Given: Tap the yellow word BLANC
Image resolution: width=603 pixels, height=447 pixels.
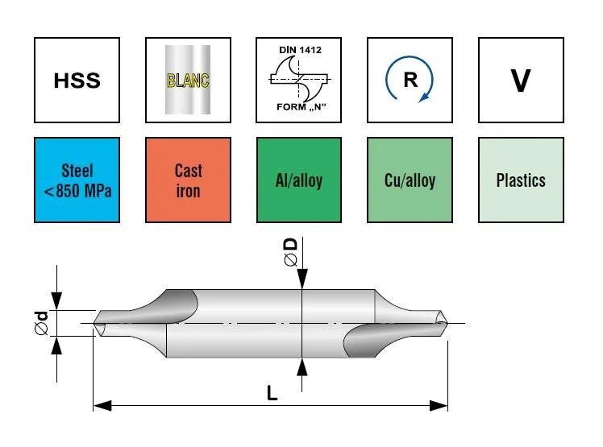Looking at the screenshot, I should click(x=188, y=81).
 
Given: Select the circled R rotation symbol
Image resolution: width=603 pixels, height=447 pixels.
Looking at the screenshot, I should click(x=409, y=81).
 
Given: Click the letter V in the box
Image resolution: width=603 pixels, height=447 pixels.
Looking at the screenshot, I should click(x=520, y=81).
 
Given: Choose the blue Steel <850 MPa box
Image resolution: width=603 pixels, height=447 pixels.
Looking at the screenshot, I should click(x=77, y=180).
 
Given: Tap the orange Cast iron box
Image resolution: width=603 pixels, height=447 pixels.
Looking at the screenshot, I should click(x=188, y=180).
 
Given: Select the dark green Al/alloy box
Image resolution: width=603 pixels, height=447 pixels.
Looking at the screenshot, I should click(x=298, y=180).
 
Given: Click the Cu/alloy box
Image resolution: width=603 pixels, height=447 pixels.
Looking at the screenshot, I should click(x=409, y=180).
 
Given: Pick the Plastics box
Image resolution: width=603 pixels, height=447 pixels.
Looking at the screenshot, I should click(x=520, y=180).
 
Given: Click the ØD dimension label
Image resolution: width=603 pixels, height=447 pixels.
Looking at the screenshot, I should click(x=291, y=251).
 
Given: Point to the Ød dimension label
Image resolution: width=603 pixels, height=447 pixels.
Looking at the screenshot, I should click(x=42, y=324).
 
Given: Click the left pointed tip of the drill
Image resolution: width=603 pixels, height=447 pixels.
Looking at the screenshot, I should click(x=96, y=327).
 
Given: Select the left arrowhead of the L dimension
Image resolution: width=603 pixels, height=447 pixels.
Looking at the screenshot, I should click(x=100, y=404).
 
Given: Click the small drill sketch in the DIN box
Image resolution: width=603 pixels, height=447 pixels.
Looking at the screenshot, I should click(x=297, y=79).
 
